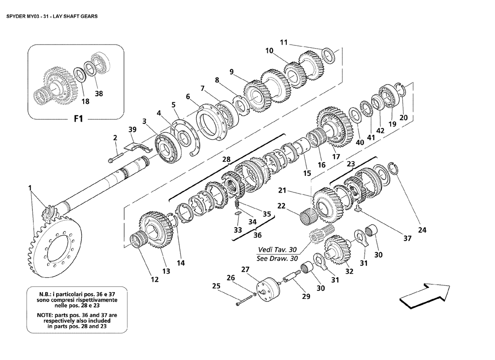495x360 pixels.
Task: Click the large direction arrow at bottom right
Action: [425, 295]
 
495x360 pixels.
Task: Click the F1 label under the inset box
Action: [78, 119]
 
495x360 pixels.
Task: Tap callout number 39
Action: [132, 130]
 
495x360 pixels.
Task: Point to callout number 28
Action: [226, 159]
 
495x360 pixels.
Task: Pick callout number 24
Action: [422, 230]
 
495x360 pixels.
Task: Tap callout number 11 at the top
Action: [284, 42]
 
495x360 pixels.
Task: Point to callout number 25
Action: [216, 286]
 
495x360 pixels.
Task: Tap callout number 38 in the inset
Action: [99, 94]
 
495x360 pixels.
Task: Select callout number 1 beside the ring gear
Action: [30, 188]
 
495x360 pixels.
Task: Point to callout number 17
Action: [336, 156]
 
